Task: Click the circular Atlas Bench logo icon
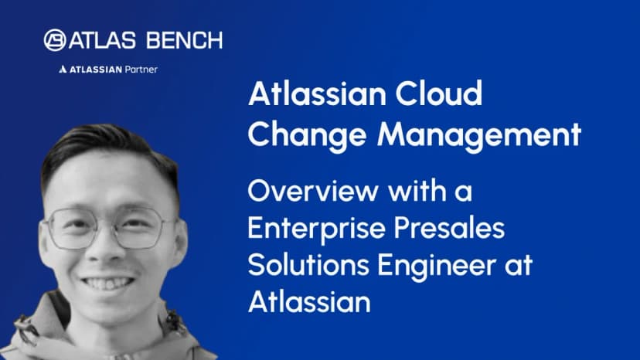pyautogui.click(x=55, y=40)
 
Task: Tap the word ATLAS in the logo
pyautogui.click(x=103, y=40)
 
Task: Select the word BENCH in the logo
pyautogui.click(x=185, y=40)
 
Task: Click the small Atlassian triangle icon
pyautogui.click(x=63, y=70)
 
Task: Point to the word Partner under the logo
pyautogui.click(x=141, y=70)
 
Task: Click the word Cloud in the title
pyautogui.click(x=439, y=93)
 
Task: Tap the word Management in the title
pyautogui.click(x=479, y=134)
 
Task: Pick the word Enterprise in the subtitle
pyautogui.click(x=316, y=229)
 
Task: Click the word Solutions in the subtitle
pyautogui.click(x=308, y=264)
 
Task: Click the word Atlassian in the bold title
pyautogui.click(x=317, y=93)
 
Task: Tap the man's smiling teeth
pyautogui.click(x=108, y=284)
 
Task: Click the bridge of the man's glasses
pyautogui.click(x=107, y=226)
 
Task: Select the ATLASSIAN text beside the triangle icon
pyautogui.click(x=96, y=70)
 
